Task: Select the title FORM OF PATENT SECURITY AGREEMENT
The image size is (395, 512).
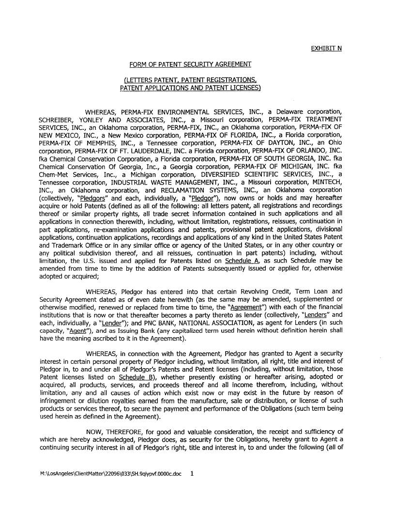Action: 190,64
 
